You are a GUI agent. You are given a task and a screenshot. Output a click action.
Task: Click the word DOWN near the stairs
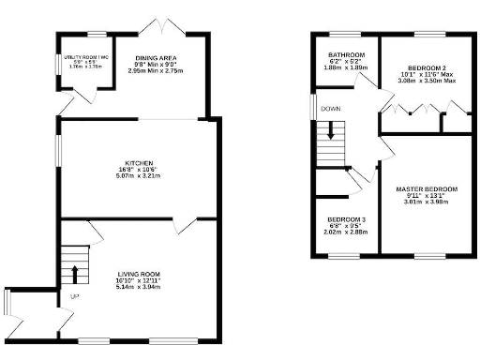click(x=330, y=109)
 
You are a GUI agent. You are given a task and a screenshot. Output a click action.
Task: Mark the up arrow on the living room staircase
click(x=75, y=273)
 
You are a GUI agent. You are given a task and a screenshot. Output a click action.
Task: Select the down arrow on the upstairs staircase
click(x=330, y=135)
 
